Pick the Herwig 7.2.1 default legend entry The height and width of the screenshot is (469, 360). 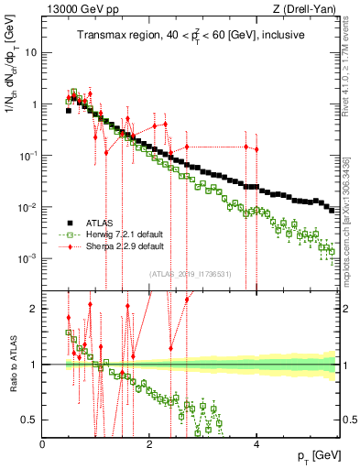tap(122, 234)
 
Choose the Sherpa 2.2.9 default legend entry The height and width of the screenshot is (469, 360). tap(122, 246)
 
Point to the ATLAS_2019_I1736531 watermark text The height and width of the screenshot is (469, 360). tap(190, 273)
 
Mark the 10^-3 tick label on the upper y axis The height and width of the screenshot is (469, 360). tap(28, 258)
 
